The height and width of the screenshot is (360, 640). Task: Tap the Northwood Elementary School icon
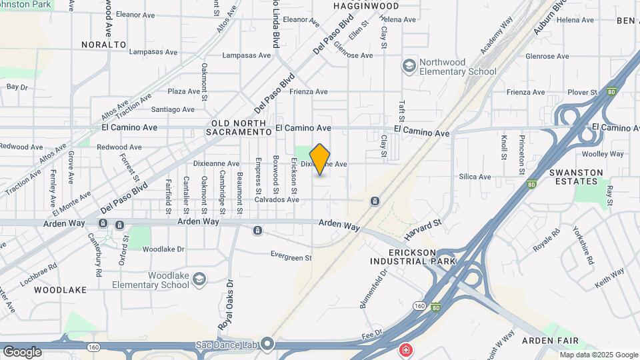(x=408, y=66)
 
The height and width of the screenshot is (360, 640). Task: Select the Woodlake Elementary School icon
(x=199, y=279)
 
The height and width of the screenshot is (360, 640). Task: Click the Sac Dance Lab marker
(x=267, y=344)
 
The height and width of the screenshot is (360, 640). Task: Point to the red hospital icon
(x=405, y=349)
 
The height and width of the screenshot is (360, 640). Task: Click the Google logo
(x=22, y=351)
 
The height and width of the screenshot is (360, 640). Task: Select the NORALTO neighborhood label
(x=104, y=45)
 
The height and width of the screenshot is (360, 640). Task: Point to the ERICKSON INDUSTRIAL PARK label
(x=413, y=257)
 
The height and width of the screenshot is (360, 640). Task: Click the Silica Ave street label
(x=475, y=177)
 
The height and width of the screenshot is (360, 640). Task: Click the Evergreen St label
(x=291, y=256)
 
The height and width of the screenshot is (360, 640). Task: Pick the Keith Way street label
(x=609, y=274)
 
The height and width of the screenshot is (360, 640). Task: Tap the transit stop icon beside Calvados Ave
(x=375, y=201)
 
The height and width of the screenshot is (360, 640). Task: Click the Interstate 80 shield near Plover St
(x=611, y=92)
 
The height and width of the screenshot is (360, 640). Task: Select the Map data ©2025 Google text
(x=598, y=355)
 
